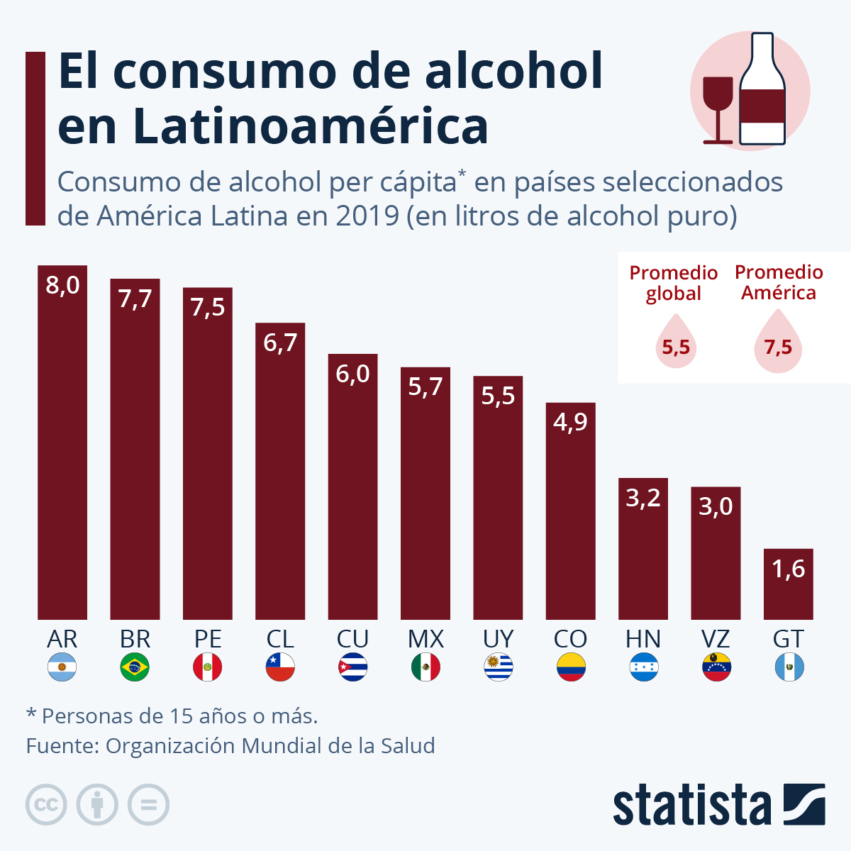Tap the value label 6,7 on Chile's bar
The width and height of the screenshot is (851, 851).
pyautogui.click(x=280, y=343)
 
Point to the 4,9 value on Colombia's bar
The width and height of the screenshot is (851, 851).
pyautogui.click(x=570, y=423)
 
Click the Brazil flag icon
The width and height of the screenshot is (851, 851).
pyautogui.click(x=135, y=667)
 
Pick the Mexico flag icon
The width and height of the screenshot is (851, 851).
pyautogui.click(x=425, y=667)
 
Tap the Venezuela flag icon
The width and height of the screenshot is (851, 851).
pyautogui.click(x=716, y=667)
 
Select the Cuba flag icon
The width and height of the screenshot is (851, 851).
pyautogui.click(x=352, y=667)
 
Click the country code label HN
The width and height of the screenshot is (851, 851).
pyautogui.click(x=643, y=639)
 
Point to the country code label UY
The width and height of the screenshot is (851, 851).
pyautogui.click(x=498, y=639)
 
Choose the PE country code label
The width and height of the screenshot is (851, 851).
pyautogui.click(x=208, y=639)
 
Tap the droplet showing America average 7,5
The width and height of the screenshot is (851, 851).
pyautogui.click(x=778, y=344)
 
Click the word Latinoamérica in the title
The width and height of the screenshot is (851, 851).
pyautogui.click(x=310, y=126)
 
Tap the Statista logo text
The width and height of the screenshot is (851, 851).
pyautogui.click(x=691, y=805)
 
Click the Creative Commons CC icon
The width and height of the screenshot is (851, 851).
pyautogui.click(x=46, y=805)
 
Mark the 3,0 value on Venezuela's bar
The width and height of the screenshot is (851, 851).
pyautogui.click(x=716, y=506)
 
